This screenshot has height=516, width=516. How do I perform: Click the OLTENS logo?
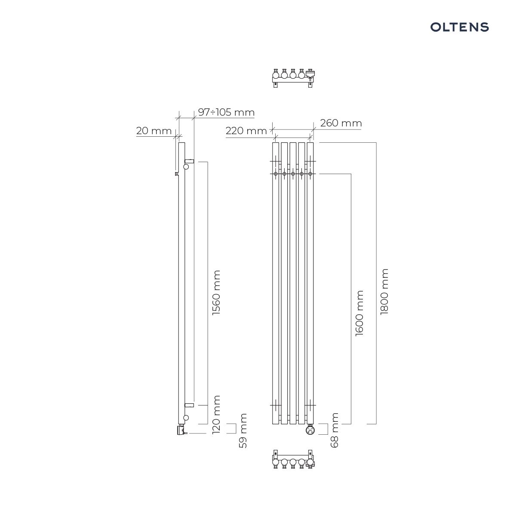[459, 27]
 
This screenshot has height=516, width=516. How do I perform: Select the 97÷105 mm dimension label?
[226, 112]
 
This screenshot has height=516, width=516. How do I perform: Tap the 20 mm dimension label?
[154, 131]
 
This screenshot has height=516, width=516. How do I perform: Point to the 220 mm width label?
[246, 131]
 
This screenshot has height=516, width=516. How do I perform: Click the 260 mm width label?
[341, 123]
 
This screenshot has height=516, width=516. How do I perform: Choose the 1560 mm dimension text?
[216, 292]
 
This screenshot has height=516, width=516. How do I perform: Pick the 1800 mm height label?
[384, 292]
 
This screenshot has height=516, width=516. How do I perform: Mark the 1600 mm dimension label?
[359, 313]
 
